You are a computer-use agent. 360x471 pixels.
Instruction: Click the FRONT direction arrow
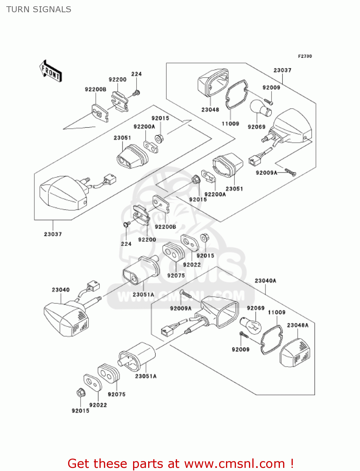pos(51,71)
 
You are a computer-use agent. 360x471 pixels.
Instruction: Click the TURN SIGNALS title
pos(39,9)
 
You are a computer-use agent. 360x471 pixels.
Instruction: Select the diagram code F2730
pos(305,56)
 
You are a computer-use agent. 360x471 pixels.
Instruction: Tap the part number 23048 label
pos(210,110)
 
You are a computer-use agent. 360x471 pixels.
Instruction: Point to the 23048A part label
pos(298,325)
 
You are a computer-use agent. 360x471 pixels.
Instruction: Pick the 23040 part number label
pos(61,290)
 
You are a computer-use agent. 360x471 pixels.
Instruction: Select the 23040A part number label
pos(265,281)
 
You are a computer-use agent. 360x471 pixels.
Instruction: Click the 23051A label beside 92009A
pos(143,295)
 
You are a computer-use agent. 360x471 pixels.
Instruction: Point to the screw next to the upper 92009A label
pos(290,172)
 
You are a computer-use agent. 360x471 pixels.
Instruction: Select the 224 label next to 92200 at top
pos(136,74)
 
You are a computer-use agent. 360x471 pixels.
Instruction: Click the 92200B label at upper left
pos(95,89)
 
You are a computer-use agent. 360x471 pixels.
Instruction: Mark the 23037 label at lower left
pos(53,234)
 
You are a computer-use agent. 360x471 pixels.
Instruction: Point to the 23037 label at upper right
pos(282,70)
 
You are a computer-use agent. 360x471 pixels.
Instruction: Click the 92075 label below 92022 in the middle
pos(176,275)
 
